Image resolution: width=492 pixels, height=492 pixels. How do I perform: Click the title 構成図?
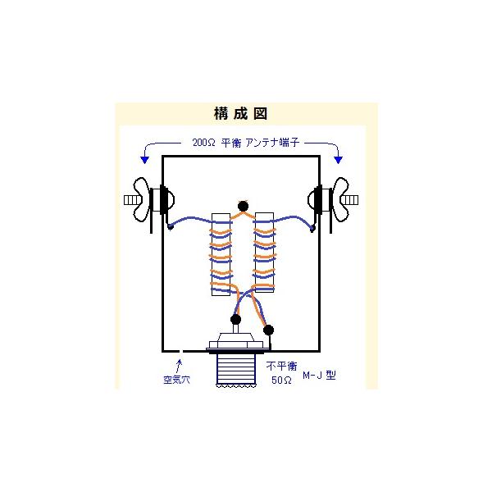point(240,114)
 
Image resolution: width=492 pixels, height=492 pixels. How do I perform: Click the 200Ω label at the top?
point(204,143)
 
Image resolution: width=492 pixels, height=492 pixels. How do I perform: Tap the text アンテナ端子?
point(272,143)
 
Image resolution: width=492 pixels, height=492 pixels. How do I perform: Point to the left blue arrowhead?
point(144,160)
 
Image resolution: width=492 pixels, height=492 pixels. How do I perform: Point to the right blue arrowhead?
point(338,160)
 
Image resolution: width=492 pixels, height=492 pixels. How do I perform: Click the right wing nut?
point(341,199)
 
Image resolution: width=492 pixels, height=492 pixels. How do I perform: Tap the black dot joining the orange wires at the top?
point(243,206)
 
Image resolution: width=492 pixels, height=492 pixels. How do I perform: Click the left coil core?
point(221,254)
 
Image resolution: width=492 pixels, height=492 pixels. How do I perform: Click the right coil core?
point(264,253)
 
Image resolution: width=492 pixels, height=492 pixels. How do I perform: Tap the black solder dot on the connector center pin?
point(235,320)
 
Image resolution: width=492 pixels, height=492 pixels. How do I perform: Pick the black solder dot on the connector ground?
point(268,330)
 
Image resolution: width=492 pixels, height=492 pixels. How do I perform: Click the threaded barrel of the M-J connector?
point(235,370)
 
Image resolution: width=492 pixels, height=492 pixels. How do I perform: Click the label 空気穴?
point(176,380)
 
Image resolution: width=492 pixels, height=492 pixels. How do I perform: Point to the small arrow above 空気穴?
point(179,366)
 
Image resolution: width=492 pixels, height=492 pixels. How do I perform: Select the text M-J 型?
point(319,375)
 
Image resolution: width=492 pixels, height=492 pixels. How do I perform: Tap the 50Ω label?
point(281,380)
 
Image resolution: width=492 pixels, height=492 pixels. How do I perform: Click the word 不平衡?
point(281,367)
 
